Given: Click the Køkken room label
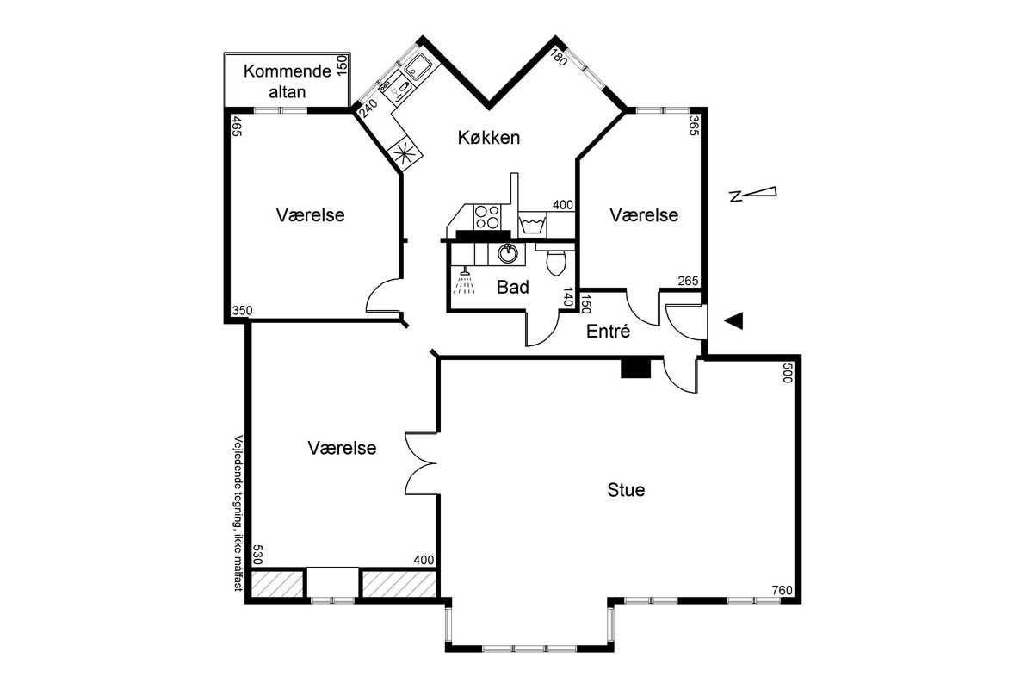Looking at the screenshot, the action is (489, 138).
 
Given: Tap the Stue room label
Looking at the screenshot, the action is (626, 490).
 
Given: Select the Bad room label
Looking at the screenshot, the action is (513, 287).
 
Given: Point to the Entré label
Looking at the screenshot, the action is (608, 331).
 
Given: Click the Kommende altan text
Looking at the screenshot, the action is (288, 81).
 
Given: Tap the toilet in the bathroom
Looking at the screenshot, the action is (555, 259).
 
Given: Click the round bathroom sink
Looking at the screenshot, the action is (507, 253).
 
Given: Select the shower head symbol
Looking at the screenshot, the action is (464, 282).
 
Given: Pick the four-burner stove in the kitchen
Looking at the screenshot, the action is (487, 217).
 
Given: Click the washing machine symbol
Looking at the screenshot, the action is (532, 224).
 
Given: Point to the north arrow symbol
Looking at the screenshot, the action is (752, 194).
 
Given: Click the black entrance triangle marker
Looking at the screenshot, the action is (733, 320).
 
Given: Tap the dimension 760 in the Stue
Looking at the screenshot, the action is (782, 590).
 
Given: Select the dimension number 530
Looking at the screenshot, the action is (257, 555).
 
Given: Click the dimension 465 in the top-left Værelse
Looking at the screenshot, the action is (236, 127).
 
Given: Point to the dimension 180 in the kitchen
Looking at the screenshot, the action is (559, 59).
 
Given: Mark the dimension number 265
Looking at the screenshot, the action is (689, 281).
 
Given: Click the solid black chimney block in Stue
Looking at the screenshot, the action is (635, 369).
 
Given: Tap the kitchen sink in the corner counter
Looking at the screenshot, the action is (418, 65).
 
